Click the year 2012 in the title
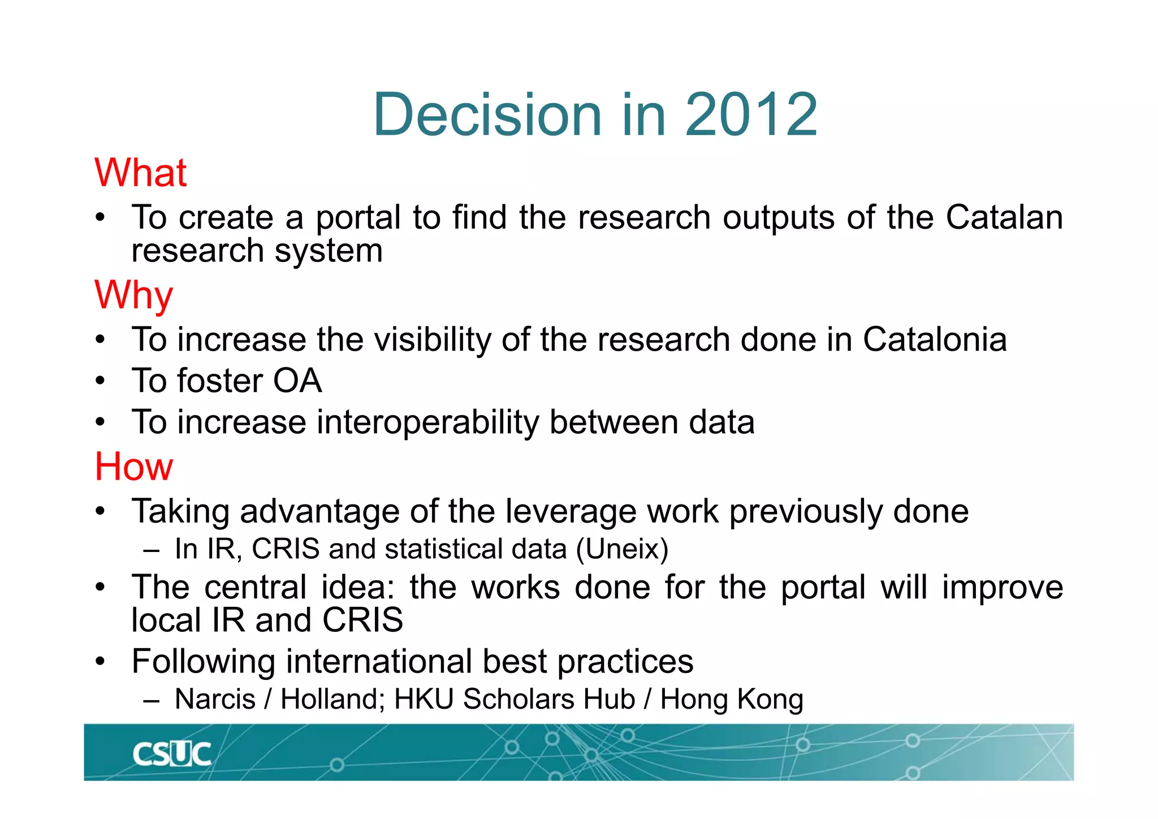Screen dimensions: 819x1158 tap(751, 115)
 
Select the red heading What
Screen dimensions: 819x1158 tap(140, 173)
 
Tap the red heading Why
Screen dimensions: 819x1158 tap(133, 295)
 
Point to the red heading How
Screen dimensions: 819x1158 tap(133, 467)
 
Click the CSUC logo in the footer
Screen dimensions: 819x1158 tap(171, 754)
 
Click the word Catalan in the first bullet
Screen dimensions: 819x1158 tap(1004, 217)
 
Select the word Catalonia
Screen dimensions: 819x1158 tap(934, 339)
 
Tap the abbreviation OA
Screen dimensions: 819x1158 tap(297, 381)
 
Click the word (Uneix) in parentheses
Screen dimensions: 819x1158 tap(622, 549)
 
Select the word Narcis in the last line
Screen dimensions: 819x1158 tap(215, 699)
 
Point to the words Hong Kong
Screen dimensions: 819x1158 tap(732, 699)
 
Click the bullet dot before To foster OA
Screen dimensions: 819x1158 tap(100, 381)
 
